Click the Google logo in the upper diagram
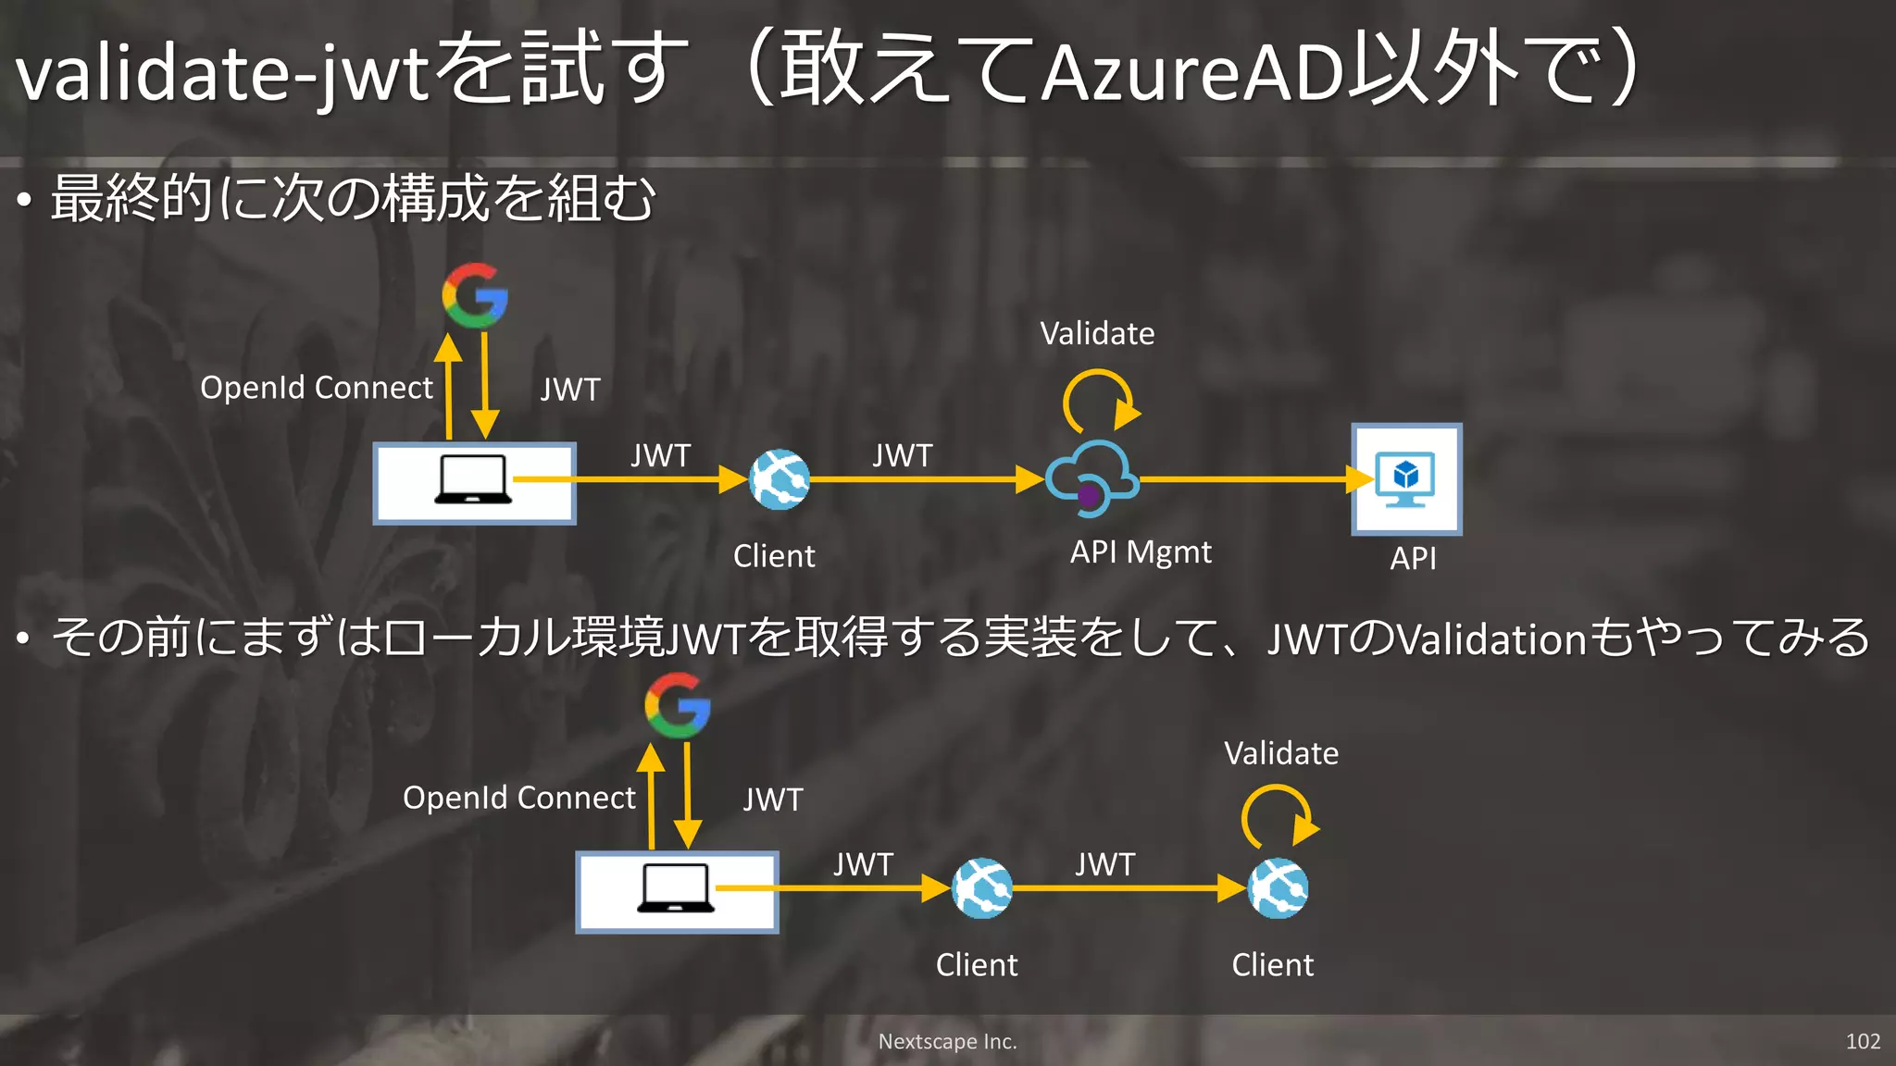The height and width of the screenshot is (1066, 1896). click(x=475, y=295)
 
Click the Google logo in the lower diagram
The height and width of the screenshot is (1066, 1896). click(x=678, y=705)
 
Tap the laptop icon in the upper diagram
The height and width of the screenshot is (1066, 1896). click(x=473, y=479)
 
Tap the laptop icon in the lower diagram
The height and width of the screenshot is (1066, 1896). click(x=676, y=888)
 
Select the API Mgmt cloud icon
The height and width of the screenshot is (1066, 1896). click(x=1092, y=477)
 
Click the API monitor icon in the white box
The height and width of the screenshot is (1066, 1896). click(x=1405, y=478)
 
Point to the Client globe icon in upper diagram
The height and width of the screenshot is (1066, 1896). click(x=780, y=479)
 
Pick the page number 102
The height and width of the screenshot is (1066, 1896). click(x=1863, y=1041)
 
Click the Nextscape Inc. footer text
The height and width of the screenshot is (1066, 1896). click(x=947, y=1041)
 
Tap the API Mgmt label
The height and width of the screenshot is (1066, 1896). click(x=1141, y=552)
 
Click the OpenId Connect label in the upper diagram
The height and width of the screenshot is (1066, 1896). click(x=317, y=388)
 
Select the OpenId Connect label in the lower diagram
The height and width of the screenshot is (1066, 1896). click(x=519, y=798)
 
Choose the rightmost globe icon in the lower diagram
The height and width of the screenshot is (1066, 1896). click(x=1278, y=888)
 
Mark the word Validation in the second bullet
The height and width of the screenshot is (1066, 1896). click(x=1491, y=639)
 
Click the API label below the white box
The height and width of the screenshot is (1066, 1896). click(x=1413, y=558)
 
